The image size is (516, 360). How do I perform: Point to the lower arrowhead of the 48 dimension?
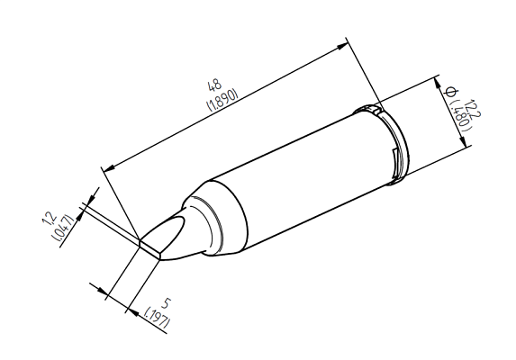point(106,167)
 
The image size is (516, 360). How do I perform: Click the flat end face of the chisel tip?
point(149,247)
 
